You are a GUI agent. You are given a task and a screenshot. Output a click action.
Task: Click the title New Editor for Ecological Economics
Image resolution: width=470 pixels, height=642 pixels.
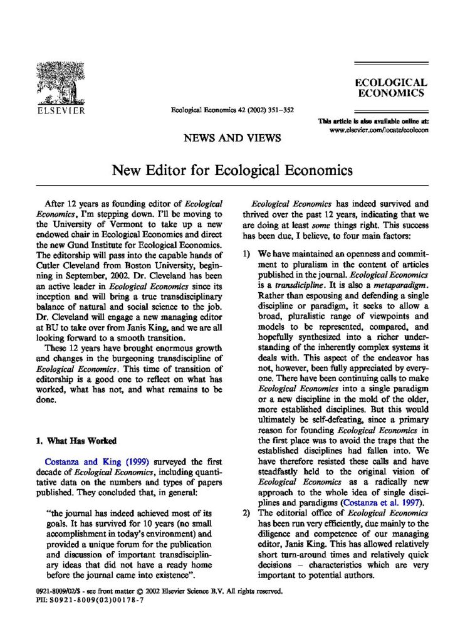[x=232, y=170]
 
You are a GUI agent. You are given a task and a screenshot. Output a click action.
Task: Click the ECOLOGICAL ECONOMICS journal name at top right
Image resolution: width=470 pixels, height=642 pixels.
[x=391, y=88]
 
